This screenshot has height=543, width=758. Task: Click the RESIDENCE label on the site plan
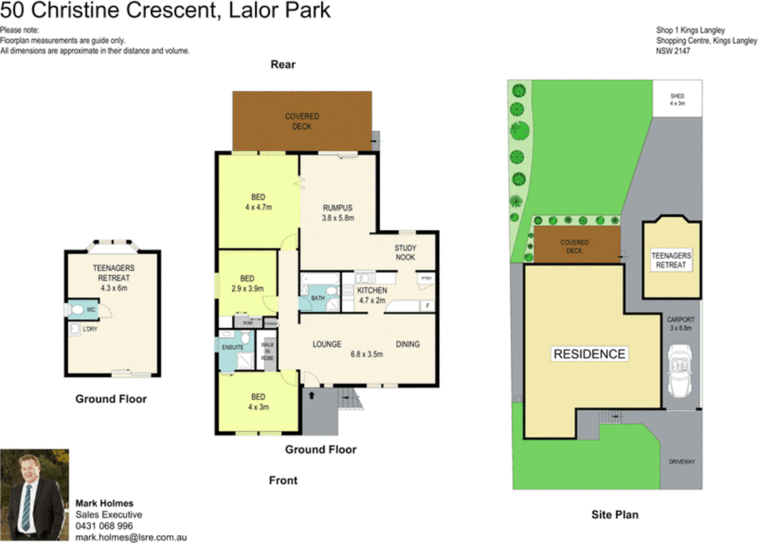(x=589, y=354)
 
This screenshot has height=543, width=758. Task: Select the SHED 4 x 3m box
(x=677, y=99)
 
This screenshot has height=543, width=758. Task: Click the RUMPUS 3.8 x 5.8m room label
(x=338, y=213)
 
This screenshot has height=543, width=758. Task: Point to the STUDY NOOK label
(x=405, y=252)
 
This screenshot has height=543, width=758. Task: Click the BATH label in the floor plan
(x=318, y=298)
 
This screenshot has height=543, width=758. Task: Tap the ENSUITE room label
(x=232, y=347)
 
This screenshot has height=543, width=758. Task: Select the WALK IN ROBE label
(x=267, y=351)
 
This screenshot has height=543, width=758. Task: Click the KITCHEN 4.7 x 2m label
(x=372, y=295)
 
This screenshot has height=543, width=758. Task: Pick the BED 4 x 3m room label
(x=258, y=402)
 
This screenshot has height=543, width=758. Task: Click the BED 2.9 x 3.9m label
(x=247, y=284)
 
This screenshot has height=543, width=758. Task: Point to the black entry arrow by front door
(x=311, y=395)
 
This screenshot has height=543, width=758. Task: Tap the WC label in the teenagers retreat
(x=90, y=310)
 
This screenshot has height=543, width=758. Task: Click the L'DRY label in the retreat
(x=90, y=329)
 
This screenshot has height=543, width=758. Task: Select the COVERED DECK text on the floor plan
(x=302, y=121)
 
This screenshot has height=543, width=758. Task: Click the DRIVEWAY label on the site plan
(x=682, y=462)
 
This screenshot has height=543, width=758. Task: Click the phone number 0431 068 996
(x=104, y=526)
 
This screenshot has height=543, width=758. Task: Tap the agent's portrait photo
(x=34, y=495)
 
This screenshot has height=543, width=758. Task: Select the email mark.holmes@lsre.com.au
(x=131, y=537)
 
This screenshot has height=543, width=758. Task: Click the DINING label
(x=408, y=344)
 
